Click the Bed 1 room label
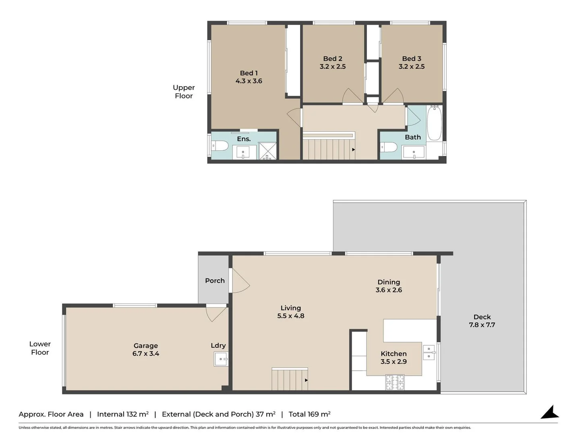pyautogui.click(x=249, y=73)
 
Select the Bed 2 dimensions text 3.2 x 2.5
pyautogui.click(x=333, y=66)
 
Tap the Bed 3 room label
pyautogui.click(x=411, y=59)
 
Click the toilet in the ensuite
pyautogui.click(x=220, y=146)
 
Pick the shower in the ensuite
pyautogui.click(x=267, y=151)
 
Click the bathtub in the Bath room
pyautogui.click(x=434, y=123)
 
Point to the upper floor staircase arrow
pyautogui.click(x=354, y=149)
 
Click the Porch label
pyautogui.click(x=215, y=281)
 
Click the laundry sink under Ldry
pyautogui.click(x=221, y=359)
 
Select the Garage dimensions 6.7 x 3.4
pyautogui.click(x=146, y=354)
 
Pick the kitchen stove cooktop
pyautogui.click(x=395, y=382)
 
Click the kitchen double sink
pyautogui.click(x=429, y=352)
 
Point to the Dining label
pyautogui.click(x=389, y=282)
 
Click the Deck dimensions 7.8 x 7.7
pyautogui.click(x=482, y=325)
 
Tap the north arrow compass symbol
pyautogui.click(x=550, y=413)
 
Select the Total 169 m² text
pyautogui.click(x=309, y=414)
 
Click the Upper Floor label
pyautogui.click(x=184, y=92)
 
